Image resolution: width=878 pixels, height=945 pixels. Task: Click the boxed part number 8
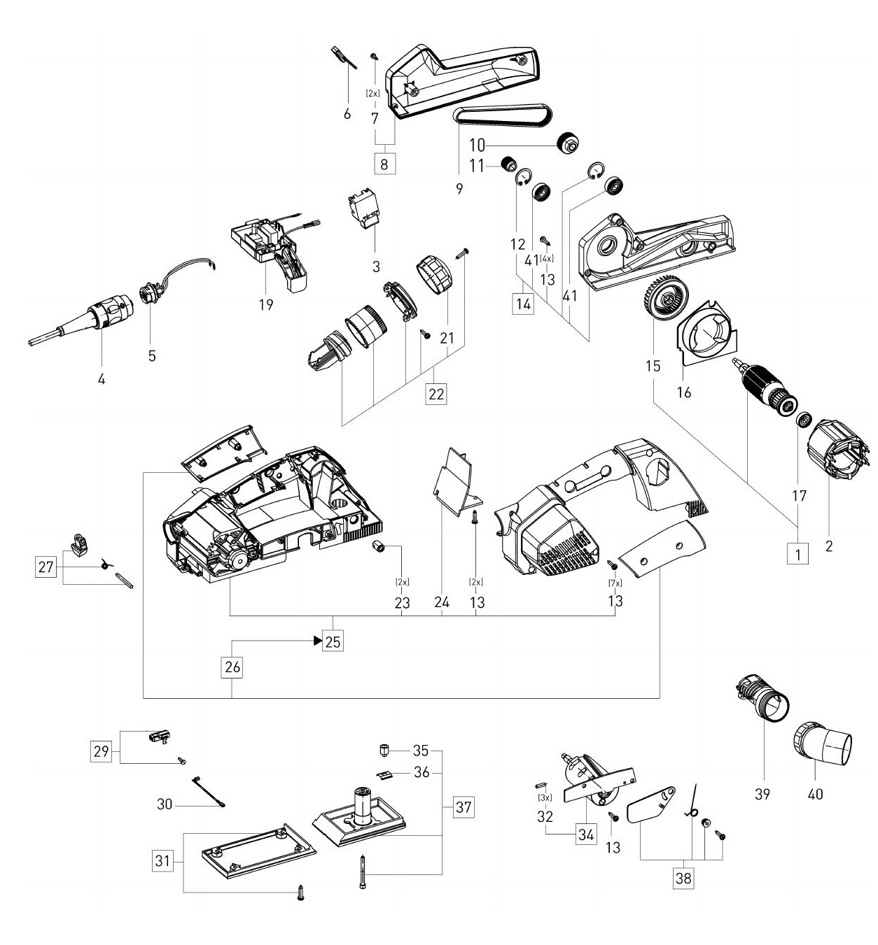[384, 164]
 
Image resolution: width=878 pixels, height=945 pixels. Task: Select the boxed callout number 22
[436, 394]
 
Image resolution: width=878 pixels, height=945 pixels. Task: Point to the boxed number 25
[333, 641]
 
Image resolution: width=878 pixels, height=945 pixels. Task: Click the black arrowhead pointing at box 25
[318, 641]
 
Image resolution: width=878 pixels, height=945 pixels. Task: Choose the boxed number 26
[232, 667]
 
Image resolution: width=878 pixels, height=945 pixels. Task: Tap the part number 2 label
[829, 546]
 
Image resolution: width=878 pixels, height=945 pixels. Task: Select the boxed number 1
[798, 553]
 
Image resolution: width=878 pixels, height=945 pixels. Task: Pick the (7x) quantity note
[615, 583]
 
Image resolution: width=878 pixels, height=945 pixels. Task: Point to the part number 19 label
[266, 304]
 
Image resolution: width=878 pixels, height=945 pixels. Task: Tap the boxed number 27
[46, 567]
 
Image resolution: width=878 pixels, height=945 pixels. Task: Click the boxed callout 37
[464, 807]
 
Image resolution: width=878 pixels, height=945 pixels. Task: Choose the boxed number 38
[683, 878]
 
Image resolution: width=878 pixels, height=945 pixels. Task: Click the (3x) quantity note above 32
[545, 797]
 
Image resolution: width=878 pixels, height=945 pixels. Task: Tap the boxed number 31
[163, 861]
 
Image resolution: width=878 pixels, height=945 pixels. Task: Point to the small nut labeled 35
[384, 751]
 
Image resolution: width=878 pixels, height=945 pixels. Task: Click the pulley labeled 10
[569, 141]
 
